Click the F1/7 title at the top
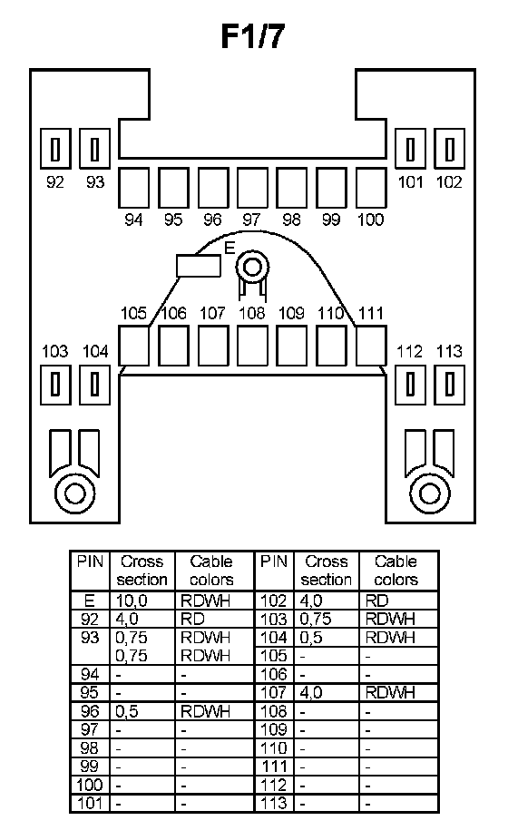[x=252, y=37]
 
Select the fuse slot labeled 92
[x=55, y=149]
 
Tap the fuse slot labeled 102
[x=449, y=149]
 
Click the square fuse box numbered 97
[x=252, y=188]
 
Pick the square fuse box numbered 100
[x=371, y=188]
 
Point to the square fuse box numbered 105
[x=133, y=346]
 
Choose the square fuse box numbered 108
[x=252, y=346]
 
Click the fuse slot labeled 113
[x=449, y=385]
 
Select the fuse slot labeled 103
[x=55, y=385]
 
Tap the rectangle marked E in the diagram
[x=199, y=266]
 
